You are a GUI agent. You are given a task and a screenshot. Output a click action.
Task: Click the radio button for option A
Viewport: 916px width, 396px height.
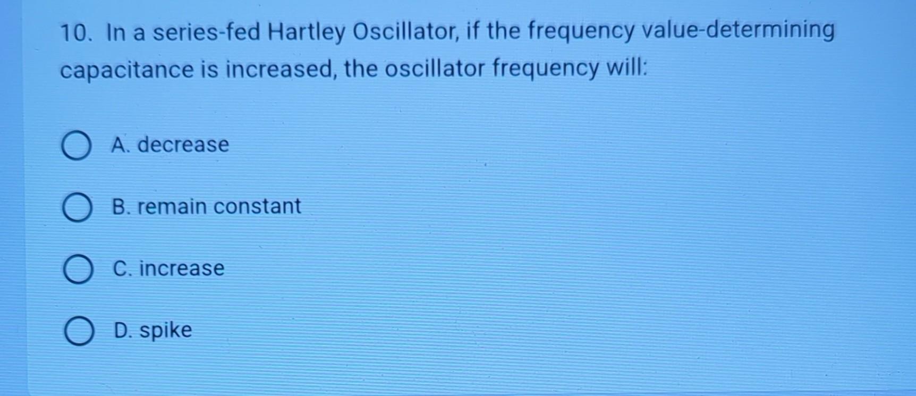pyautogui.click(x=77, y=146)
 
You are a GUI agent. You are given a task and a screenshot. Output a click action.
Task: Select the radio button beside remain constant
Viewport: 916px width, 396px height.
pyautogui.click(x=78, y=207)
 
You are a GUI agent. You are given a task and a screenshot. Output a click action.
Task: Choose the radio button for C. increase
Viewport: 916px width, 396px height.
pyautogui.click(x=78, y=269)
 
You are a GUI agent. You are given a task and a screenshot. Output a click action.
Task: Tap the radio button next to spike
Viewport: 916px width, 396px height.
pyautogui.click(x=79, y=331)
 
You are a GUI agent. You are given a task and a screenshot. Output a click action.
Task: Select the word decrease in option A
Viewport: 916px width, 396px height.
pyautogui.click(x=183, y=145)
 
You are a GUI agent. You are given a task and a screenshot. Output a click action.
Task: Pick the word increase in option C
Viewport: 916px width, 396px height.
pyautogui.click(x=182, y=268)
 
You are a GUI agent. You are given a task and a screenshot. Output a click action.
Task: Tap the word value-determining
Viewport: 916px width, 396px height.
pyautogui.click(x=738, y=31)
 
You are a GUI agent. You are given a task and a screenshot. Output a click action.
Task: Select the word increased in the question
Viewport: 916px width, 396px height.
pyautogui.click(x=280, y=70)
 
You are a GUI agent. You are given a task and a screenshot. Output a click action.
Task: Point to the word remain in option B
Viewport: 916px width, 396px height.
pyautogui.click(x=172, y=206)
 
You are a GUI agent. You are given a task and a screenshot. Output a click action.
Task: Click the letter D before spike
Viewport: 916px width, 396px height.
pyautogui.click(x=122, y=330)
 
